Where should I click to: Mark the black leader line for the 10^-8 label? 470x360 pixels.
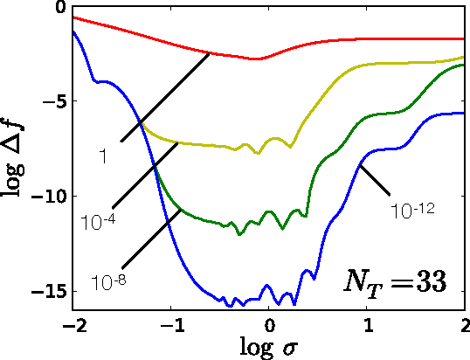point(152,239)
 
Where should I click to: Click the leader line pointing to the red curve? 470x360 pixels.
point(165,96)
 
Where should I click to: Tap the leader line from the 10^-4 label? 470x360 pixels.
point(146,174)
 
